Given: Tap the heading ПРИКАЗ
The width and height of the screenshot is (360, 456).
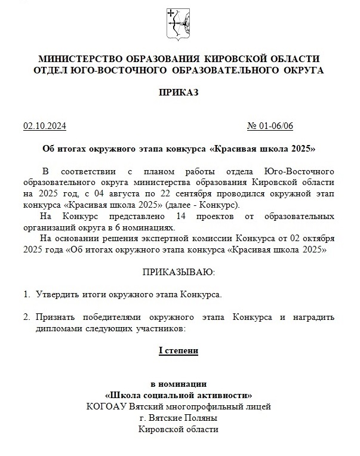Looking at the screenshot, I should tap(179, 93).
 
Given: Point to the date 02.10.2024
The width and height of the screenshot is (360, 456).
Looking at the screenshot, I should tap(45, 127).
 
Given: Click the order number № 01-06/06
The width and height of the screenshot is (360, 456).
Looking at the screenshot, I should tap(270, 127).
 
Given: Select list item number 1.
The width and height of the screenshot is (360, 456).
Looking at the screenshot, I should tap(26, 294).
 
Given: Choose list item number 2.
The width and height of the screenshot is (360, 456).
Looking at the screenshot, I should tap(26, 316).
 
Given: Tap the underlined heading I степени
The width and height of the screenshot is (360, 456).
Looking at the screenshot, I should tap(178, 351).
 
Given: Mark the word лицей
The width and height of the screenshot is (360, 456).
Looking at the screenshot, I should tap(260, 406).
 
